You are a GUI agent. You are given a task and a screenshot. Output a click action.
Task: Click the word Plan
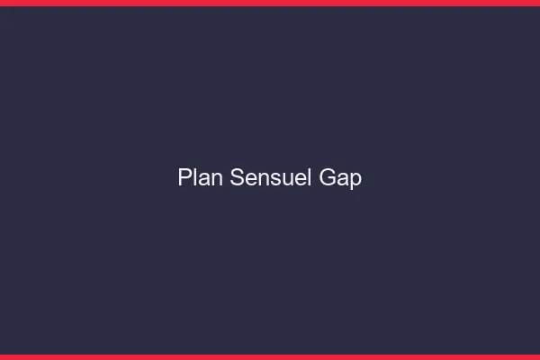click(201, 178)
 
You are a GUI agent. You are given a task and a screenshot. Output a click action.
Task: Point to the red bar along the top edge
click(270, 3)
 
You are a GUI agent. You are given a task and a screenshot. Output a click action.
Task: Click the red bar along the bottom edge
click(270, 356)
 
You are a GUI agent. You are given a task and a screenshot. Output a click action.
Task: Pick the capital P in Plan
click(185, 178)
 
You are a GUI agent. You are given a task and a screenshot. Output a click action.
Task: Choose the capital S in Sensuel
click(238, 178)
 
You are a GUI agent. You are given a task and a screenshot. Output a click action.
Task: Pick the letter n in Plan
click(218, 179)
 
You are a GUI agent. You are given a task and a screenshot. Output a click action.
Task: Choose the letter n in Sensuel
click(263, 179)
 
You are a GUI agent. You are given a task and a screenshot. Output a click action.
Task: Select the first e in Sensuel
click(251, 179)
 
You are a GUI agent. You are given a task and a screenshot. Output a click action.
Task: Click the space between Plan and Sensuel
click(227, 178)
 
